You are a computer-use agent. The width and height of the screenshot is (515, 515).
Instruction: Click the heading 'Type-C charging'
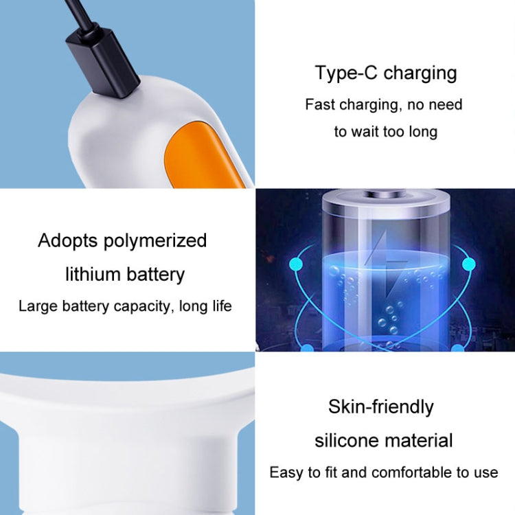click(386, 73)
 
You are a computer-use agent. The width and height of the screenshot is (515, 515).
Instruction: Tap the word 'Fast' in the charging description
click(319, 105)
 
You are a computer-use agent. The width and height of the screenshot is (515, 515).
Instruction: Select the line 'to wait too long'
click(386, 132)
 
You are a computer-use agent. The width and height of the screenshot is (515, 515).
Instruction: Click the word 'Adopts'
click(68, 241)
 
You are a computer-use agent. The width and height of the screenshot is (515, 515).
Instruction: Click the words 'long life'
click(205, 306)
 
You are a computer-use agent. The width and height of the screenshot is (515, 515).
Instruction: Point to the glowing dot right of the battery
click(468, 264)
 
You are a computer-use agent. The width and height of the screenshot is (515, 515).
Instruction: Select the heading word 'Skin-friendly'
click(380, 407)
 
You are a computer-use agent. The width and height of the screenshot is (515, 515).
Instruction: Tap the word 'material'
click(419, 440)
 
